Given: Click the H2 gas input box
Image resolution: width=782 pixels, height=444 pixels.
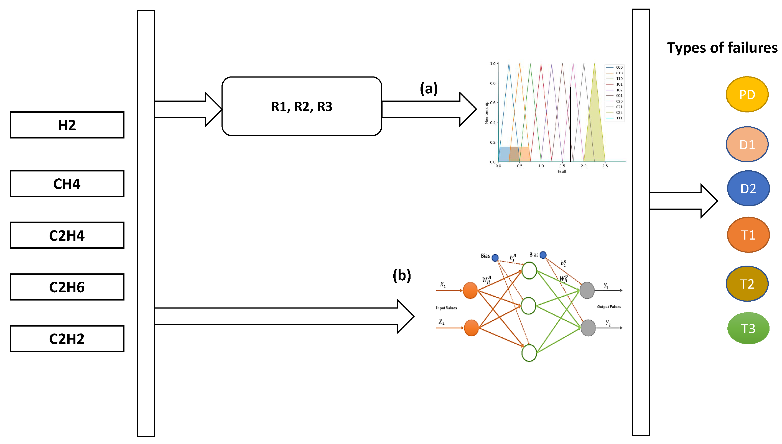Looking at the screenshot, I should (x=67, y=125).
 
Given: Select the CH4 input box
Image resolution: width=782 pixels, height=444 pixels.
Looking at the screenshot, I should (x=67, y=184).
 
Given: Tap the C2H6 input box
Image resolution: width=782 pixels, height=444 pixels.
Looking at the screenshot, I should (x=67, y=287).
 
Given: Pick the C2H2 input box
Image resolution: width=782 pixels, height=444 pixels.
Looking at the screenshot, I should (x=67, y=339).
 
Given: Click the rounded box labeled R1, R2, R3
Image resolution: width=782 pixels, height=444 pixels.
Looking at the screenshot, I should (x=301, y=106).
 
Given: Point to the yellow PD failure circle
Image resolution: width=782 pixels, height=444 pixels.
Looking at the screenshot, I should (x=747, y=94).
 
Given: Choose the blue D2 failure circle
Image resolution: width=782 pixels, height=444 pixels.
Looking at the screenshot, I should (x=748, y=189).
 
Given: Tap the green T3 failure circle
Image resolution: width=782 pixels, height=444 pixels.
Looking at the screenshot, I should (x=748, y=328).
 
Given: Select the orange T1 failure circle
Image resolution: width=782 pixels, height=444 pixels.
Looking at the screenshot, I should (x=748, y=235).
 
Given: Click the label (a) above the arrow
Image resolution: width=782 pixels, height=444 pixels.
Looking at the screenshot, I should (x=429, y=89).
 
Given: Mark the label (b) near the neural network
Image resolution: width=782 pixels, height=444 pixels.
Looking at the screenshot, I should (x=401, y=275).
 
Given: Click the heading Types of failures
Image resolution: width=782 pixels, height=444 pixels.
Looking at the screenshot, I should (x=722, y=48).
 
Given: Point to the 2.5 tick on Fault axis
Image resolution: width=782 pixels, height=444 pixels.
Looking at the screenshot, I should (x=605, y=166).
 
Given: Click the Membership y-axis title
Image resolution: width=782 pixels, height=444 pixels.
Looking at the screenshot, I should (x=487, y=113).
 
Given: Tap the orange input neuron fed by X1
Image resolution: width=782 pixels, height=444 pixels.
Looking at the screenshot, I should (x=470, y=290).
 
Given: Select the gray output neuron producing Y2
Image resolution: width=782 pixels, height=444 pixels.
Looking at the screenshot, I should (x=588, y=328).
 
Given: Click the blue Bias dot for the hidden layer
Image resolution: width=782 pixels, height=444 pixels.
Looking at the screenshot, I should (x=495, y=258).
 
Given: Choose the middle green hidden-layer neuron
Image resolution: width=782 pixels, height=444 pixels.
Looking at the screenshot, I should (x=528, y=306).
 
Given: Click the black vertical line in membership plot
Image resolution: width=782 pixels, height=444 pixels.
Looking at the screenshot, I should (x=570, y=125).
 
